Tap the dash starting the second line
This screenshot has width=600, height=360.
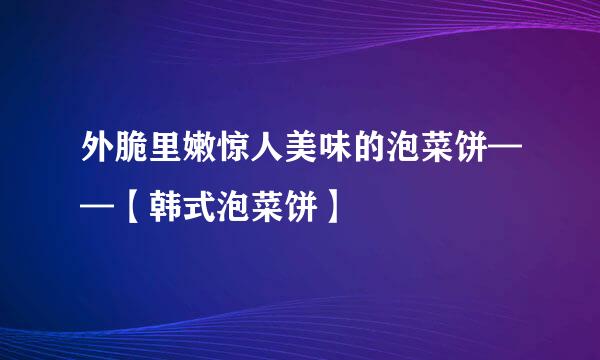(x=97, y=210)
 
